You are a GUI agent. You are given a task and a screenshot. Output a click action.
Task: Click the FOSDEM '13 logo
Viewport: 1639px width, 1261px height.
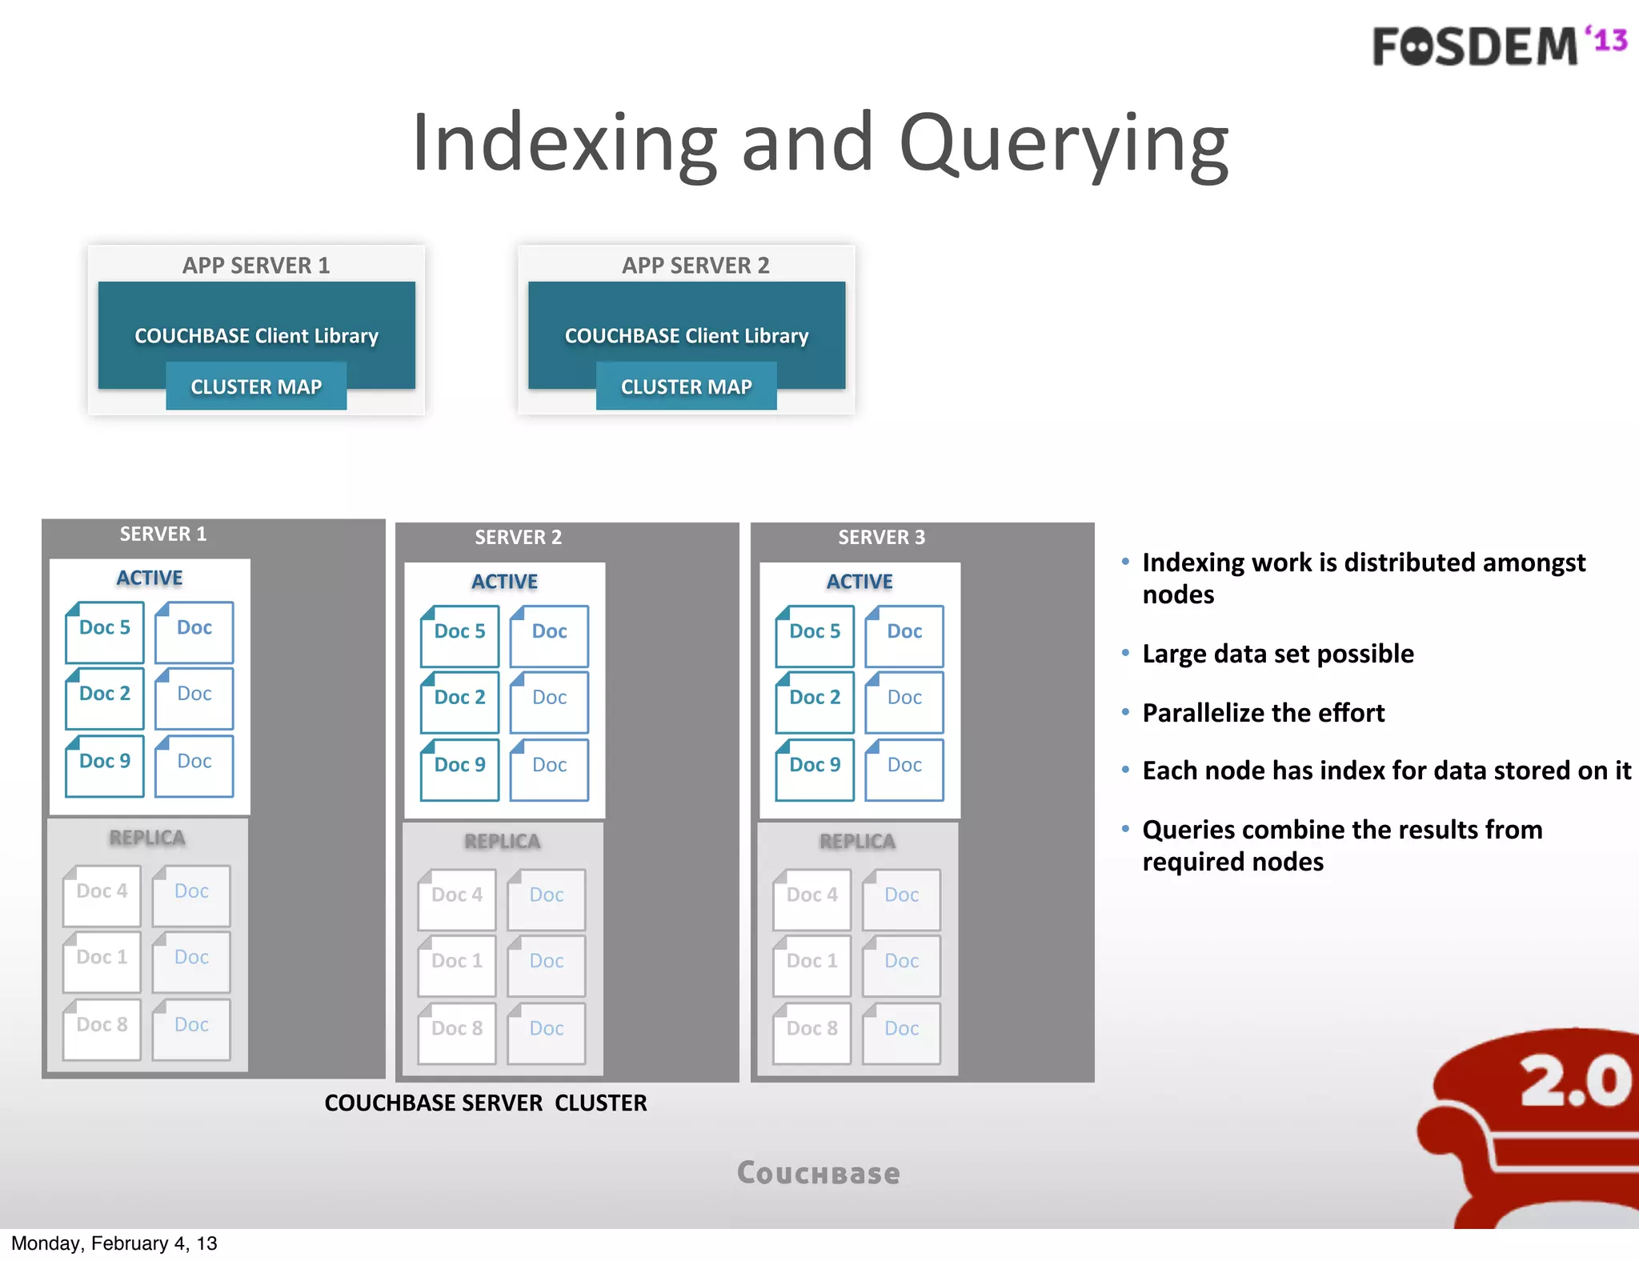click(x=1498, y=46)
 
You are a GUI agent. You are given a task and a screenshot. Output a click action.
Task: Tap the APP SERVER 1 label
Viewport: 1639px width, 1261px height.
click(x=255, y=266)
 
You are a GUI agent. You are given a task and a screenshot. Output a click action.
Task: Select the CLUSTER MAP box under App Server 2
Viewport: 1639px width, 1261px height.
click(x=686, y=386)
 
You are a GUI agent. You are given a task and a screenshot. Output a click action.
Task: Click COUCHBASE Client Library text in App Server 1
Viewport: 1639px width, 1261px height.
click(x=256, y=336)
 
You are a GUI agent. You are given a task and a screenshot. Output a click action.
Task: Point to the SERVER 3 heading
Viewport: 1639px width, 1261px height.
click(x=881, y=537)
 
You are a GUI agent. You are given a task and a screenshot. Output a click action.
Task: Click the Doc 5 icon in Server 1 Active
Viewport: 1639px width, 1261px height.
click(x=105, y=632)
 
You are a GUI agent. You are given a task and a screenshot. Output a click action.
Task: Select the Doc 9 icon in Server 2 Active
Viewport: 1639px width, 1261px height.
click(x=459, y=769)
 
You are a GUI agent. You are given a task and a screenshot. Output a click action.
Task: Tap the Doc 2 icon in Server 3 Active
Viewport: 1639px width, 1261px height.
click(x=815, y=702)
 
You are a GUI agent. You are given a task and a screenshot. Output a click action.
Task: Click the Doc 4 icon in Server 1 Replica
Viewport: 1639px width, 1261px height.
click(x=102, y=895)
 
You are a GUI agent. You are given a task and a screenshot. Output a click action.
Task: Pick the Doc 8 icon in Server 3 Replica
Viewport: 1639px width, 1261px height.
click(x=811, y=1032)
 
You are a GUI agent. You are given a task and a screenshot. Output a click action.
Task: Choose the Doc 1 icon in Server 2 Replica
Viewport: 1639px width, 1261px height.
click(x=457, y=965)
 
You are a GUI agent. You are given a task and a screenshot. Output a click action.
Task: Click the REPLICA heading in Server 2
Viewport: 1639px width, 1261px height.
click(x=503, y=842)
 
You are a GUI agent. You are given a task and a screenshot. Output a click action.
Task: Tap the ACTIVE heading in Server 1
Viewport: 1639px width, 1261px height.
click(x=150, y=578)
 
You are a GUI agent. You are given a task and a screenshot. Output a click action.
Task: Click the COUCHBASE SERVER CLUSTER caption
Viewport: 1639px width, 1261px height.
click(x=485, y=1103)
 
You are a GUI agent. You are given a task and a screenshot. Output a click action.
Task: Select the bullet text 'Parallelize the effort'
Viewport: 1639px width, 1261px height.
click(x=1263, y=712)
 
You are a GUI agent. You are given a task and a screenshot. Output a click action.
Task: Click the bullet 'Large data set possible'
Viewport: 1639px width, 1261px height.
click(x=1277, y=654)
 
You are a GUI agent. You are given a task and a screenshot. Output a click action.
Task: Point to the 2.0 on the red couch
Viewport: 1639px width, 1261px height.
click(x=1575, y=1081)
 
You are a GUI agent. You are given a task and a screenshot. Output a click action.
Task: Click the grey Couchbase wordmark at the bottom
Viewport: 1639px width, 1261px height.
click(x=818, y=1173)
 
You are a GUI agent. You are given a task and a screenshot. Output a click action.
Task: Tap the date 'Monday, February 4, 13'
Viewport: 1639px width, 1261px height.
click(x=114, y=1243)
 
